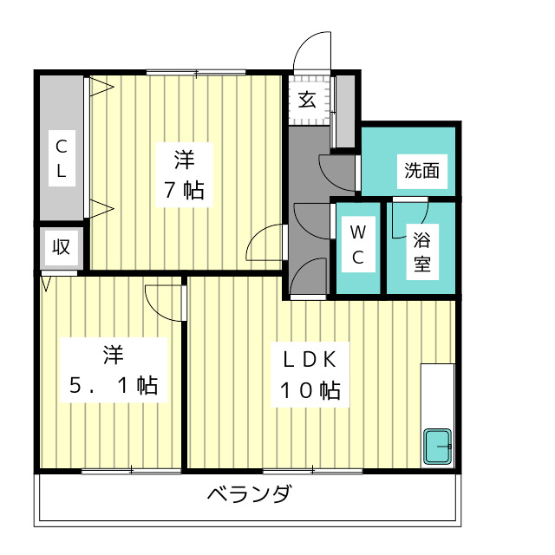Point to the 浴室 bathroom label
point(422,250)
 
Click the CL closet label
point(62,157)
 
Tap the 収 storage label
point(61,246)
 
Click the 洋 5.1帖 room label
point(113,370)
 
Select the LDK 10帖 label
point(309,374)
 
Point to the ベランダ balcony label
point(249,496)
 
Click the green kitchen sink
point(438,447)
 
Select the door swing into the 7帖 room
point(267,244)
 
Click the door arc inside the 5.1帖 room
point(165,302)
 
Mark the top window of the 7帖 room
point(195,72)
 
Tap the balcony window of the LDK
point(312,471)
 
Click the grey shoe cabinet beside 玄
point(345,110)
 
